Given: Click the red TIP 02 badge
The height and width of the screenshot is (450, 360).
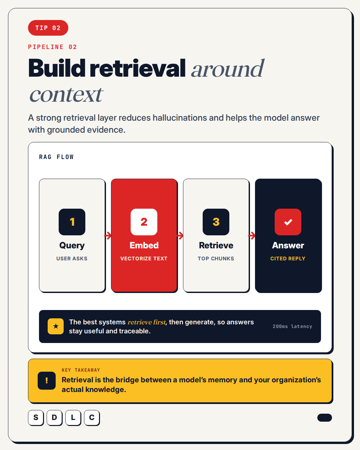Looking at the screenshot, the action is [48, 28].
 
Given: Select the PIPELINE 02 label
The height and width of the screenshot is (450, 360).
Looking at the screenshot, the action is [53, 47].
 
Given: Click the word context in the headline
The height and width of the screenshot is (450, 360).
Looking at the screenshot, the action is [66, 95].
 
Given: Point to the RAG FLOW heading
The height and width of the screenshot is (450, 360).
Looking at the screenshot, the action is [56, 157].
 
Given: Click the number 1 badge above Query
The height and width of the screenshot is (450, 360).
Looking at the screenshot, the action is [72, 222].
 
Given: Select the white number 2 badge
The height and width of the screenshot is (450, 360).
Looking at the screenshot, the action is [144, 222].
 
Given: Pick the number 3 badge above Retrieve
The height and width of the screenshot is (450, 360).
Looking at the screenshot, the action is [216, 222].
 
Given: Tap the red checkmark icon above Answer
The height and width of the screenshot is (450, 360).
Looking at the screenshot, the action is [288, 222].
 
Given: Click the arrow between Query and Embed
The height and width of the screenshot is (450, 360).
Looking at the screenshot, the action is [108, 236].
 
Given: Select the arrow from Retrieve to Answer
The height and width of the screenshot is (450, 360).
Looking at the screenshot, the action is [252, 236].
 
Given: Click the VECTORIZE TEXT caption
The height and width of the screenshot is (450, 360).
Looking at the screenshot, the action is [144, 258].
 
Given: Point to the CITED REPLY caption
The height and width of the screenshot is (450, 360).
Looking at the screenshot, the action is [288, 258].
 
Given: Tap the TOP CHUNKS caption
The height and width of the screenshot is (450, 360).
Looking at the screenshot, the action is [216, 258].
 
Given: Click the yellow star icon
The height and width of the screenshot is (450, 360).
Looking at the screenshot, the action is [56, 326].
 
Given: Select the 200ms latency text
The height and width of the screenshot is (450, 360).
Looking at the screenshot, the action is [292, 326].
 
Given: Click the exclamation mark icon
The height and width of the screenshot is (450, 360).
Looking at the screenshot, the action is [47, 381].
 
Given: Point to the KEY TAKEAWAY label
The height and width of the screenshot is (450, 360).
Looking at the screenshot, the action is [81, 370].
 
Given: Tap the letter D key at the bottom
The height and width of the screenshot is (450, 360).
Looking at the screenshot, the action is [54, 418].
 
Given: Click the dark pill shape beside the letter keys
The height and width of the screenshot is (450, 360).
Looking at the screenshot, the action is [324, 418].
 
